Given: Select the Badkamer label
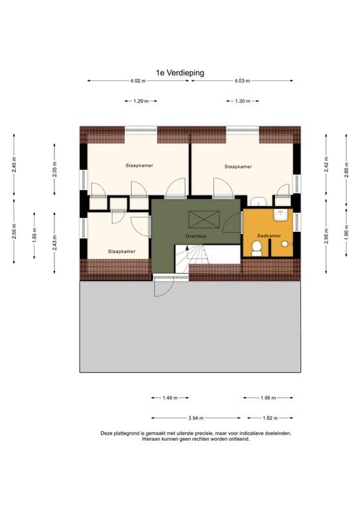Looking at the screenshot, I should click(x=269, y=235).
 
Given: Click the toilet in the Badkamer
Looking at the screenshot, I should click(x=259, y=248).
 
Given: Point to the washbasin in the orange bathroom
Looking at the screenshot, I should click(x=281, y=214).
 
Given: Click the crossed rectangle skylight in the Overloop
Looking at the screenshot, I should click(x=198, y=219).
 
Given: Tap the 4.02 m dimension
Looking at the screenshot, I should click(x=137, y=81).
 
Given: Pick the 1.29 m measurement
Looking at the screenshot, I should click(x=140, y=101).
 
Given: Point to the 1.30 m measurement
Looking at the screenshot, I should click(x=242, y=101).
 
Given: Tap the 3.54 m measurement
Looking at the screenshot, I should click(x=196, y=418).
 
